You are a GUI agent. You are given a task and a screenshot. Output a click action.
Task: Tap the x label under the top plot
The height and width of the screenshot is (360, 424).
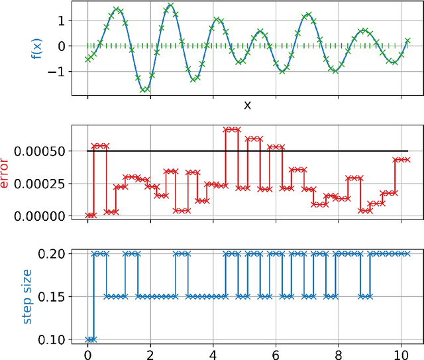point(246,105)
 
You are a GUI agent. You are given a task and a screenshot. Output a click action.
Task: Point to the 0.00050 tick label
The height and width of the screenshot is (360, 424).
point(42,151)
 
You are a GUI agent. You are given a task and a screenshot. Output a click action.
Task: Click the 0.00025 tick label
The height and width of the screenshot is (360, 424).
point(42,184)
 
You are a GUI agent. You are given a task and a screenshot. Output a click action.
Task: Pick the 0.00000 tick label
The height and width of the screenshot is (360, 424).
point(42,215)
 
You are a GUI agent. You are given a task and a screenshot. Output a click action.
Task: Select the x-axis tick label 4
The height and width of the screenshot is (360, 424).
point(213,353)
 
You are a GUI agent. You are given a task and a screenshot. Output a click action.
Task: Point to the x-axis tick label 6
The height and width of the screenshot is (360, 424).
point(276,353)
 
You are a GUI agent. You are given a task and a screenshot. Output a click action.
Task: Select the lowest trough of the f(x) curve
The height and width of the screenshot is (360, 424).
point(144,90)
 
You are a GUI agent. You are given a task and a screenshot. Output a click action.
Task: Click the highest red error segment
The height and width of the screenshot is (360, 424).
point(231,129)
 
